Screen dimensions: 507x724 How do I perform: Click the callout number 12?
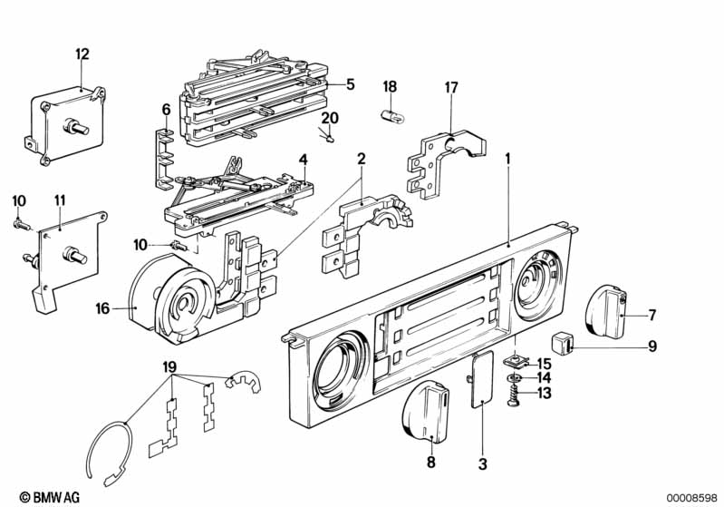click(x=82, y=54)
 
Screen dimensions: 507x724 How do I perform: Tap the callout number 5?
click(x=350, y=84)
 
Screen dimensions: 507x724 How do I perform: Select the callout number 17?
click(x=451, y=87)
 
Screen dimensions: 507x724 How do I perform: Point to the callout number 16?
click(x=103, y=308)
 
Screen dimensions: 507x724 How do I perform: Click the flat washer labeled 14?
click(x=516, y=376)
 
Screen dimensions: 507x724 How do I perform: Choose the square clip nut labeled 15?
click(x=515, y=361)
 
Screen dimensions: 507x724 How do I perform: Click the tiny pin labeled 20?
click(x=331, y=139)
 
